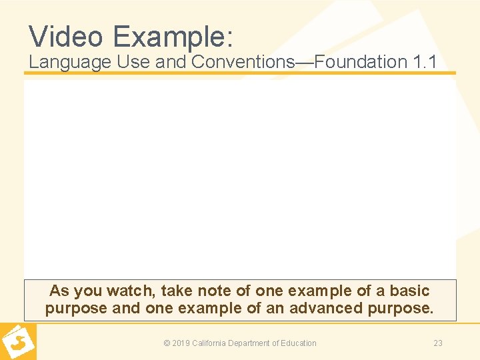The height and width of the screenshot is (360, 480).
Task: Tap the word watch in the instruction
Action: (x=133, y=291)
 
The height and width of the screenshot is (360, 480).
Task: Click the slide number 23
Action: (x=438, y=343)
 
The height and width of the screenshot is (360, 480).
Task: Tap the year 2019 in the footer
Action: (x=181, y=343)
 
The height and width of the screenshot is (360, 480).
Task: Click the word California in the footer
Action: (x=211, y=343)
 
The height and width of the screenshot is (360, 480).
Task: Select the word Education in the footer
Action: (x=297, y=343)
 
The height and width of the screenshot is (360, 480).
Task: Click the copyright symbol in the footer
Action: (x=167, y=343)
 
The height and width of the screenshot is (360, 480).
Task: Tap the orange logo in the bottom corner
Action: (x=18, y=341)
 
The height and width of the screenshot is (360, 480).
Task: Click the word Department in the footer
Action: (x=253, y=343)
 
